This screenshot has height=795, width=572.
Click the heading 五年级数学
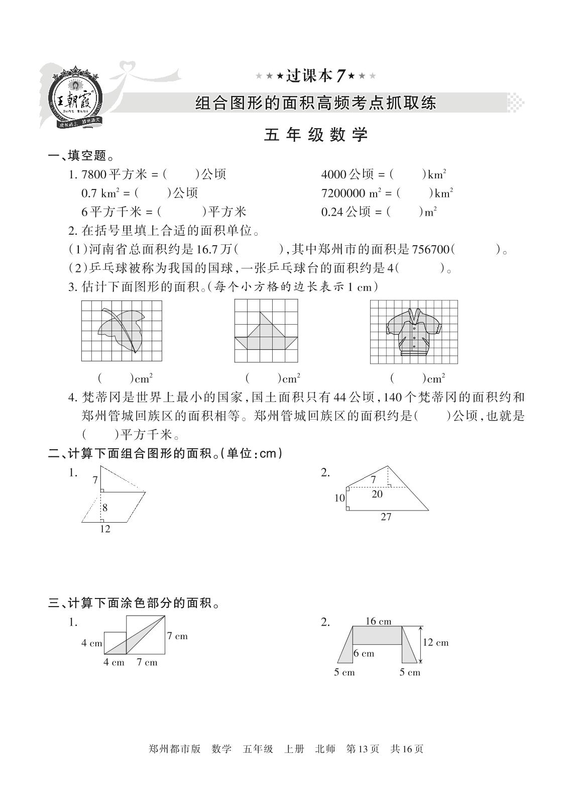coord(316,135)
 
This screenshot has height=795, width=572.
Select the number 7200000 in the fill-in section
coord(344,193)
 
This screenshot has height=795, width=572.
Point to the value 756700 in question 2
coord(430,249)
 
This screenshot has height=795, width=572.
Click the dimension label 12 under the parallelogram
coord(104,529)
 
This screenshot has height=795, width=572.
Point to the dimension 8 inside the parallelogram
coord(105,508)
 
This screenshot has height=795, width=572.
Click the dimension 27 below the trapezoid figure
coord(386,517)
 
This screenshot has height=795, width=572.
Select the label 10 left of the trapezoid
coord(339,498)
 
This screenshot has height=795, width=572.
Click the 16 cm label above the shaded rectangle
coord(378,621)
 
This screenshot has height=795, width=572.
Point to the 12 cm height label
coord(435,642)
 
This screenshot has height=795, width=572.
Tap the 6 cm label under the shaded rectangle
coord(364,653)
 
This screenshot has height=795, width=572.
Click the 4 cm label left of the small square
coord(91,643)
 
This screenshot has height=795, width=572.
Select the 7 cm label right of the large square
coord(177,636)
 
